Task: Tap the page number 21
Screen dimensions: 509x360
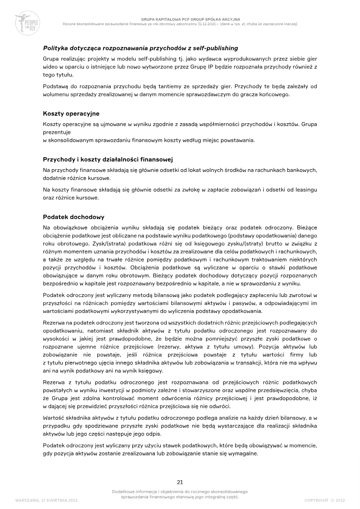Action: (x=180, y=482)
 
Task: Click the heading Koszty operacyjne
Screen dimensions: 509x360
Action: (x=71, y=113)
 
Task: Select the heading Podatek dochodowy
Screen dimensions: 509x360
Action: (x=73, y=217)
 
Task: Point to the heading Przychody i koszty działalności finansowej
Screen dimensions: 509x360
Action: (x=108, y=159)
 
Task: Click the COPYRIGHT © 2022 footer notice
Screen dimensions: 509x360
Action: (x=324, y=500)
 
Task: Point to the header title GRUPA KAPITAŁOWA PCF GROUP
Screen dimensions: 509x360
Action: (x=180, y=19)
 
